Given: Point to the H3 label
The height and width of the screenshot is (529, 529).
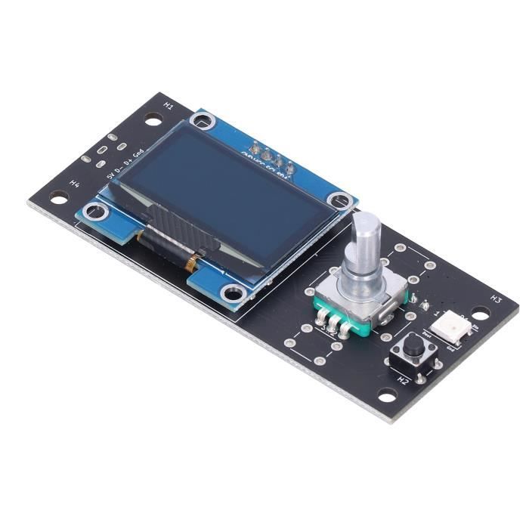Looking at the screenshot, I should pos(496,299).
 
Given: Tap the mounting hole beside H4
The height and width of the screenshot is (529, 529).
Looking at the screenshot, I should pos(59,197).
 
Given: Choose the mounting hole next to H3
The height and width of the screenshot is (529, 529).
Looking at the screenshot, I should pos(481,312).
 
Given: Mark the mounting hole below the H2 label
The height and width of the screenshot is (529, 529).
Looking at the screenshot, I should pos(387,395).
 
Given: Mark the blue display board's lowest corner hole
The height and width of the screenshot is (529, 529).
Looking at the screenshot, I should pos(233,293).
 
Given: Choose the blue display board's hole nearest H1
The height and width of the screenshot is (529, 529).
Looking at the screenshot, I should pos(201,121).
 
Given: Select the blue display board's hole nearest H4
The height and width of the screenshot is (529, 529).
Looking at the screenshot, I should pos(94,211).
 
